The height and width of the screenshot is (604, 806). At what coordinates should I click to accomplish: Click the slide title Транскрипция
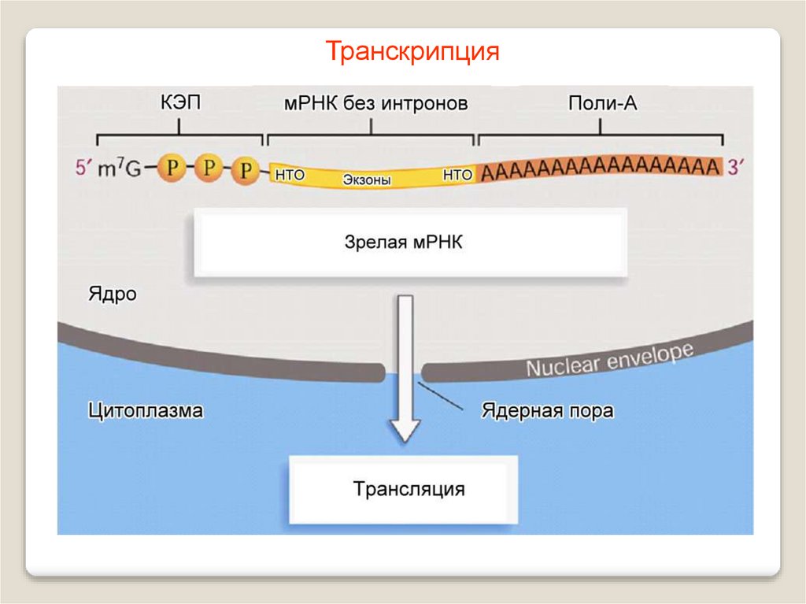[413, 52]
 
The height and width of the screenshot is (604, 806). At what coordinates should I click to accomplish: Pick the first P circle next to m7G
[171, 167]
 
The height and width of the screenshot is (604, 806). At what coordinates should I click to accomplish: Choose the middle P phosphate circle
[209, 167]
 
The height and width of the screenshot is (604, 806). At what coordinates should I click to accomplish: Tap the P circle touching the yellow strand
[246, 169]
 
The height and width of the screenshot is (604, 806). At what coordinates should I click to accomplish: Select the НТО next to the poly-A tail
[457, 175]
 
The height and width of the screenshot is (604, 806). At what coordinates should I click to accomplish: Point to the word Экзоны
[367, 180]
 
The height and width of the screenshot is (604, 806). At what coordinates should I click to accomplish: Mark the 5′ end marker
[83, 168]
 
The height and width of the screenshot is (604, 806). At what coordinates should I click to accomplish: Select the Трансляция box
[409, 489]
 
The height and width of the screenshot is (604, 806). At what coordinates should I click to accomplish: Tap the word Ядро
[112, 295]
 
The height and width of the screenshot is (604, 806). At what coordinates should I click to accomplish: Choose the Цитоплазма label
[146, 410]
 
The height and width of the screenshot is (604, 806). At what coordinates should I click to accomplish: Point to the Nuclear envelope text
[609, 359]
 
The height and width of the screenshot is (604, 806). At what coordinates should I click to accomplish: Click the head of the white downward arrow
[406, 430]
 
